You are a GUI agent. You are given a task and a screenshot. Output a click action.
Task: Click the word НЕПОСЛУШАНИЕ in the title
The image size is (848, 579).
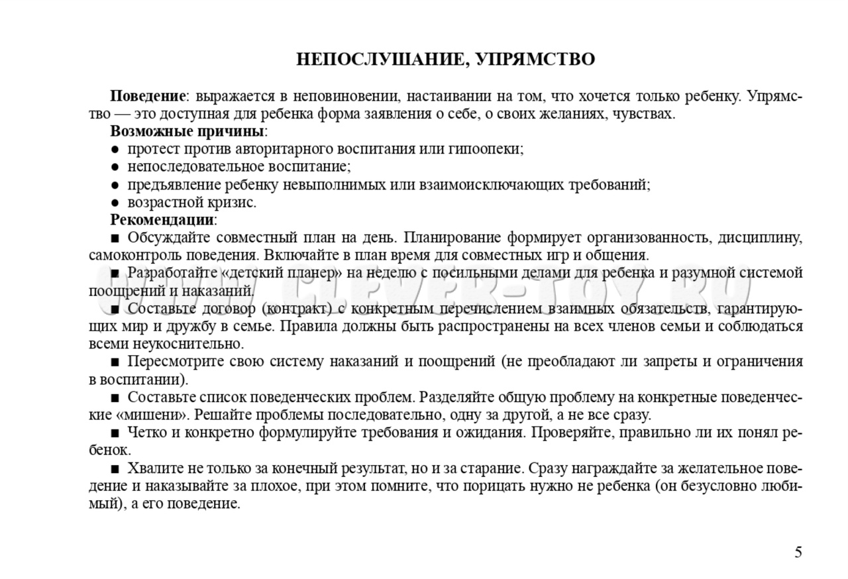375,60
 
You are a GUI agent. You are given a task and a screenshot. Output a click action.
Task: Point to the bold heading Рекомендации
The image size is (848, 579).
162,219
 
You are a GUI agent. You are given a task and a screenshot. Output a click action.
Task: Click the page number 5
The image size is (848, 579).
798,552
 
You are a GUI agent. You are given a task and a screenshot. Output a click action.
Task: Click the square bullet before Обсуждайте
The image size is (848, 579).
115,237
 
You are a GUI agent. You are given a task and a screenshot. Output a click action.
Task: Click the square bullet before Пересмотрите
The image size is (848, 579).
115,362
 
